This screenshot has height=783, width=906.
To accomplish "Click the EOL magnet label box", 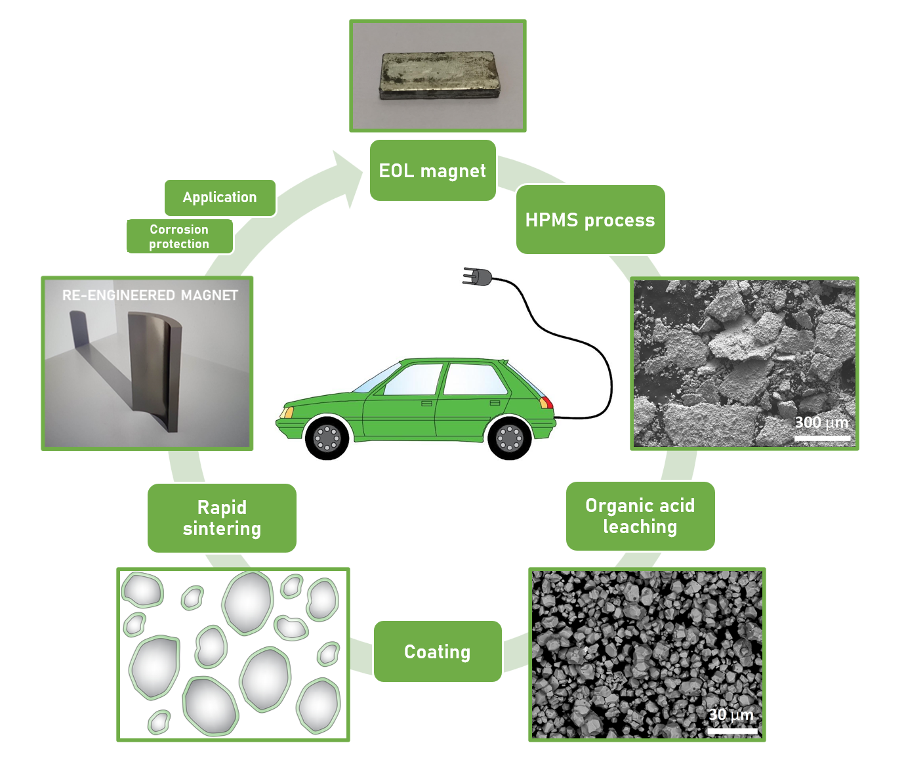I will tap(432, 171).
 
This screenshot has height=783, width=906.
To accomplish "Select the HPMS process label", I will tap(590, 220).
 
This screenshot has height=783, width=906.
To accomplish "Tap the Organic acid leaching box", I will tap(640, 516).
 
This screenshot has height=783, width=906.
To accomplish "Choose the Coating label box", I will tap(437, 652).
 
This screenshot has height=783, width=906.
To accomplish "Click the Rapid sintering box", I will tap(222, 518).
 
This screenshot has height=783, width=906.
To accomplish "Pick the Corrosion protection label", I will tap(179, 236).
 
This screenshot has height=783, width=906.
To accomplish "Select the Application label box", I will tap(220, 198).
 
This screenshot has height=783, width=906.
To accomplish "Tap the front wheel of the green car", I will tap(327, 437).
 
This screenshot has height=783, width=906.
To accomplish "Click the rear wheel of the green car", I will tap(509, 438).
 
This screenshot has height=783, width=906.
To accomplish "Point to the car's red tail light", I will tap(546, 402).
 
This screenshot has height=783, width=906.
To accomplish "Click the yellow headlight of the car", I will tap(287, 412).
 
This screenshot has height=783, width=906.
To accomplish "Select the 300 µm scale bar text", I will tap(821, 422).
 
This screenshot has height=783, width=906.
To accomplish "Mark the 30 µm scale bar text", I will tap(731, 714).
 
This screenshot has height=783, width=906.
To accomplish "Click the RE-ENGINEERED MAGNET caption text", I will tap(150, 295).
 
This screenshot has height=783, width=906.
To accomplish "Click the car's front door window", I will tap(413, 379).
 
